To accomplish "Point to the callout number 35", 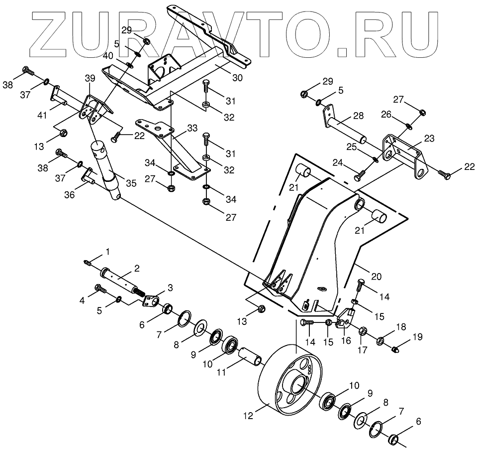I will pyautogui.click(x=131, y=183).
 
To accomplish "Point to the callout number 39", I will pyautogui.click(x=90, y=78).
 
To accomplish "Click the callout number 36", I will pyautogui.click(x=70, y=195).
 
